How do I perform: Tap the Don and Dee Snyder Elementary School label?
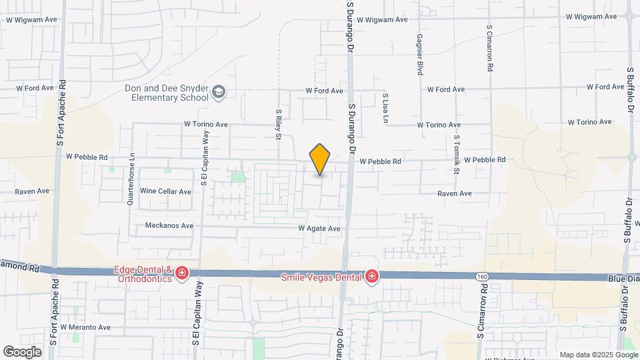[x=166, y=93]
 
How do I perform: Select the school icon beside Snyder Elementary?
[x=219, y=92]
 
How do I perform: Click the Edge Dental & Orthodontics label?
[x=143, y=274]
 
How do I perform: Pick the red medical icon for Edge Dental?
[x=181, y=274]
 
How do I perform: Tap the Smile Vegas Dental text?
[x=321, y=276]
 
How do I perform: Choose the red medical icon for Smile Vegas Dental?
[x=372, y=276]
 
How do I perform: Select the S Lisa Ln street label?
[x=385, y=108]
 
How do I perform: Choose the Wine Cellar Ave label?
[x=165, y=191]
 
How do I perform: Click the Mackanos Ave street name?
[x=169, y=226]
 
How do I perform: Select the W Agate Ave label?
[x=319, y=229]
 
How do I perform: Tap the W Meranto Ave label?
[x=85, y=327]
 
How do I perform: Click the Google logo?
[x=22, y=351]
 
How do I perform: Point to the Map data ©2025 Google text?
[x=599, y=355]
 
